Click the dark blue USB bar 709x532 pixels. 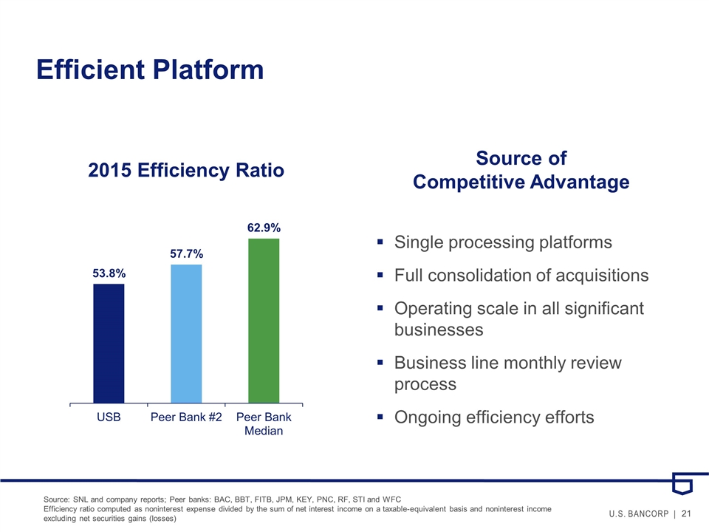109,344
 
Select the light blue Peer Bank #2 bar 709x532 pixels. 186,333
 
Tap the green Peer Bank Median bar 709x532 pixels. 264,321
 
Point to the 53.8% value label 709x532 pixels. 109,273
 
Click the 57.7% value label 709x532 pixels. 186,253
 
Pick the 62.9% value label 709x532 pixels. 264,228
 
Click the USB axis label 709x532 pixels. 109,417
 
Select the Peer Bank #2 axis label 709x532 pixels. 186,417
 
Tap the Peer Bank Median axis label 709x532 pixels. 264,424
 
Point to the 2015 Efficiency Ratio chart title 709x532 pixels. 186,171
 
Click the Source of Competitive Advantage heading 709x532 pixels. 521,171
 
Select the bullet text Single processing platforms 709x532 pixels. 504,242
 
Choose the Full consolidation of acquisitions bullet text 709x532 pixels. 521,276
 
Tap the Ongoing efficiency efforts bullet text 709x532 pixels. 494,417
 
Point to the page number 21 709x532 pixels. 686,514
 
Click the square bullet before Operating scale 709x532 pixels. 380,310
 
